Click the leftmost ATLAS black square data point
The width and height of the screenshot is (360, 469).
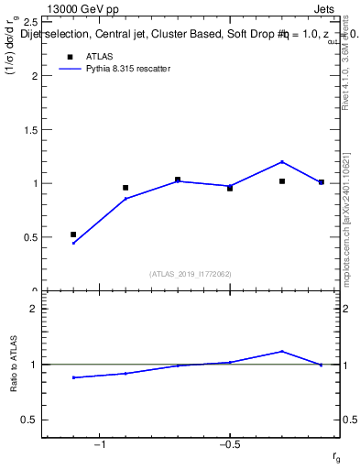73,234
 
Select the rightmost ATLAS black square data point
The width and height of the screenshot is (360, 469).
321,182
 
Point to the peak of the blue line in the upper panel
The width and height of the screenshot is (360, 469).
282,162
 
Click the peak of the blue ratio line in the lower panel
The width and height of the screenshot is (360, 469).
282,351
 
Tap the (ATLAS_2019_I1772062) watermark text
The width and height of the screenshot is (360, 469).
191,273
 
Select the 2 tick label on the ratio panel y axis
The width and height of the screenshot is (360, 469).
33,309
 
